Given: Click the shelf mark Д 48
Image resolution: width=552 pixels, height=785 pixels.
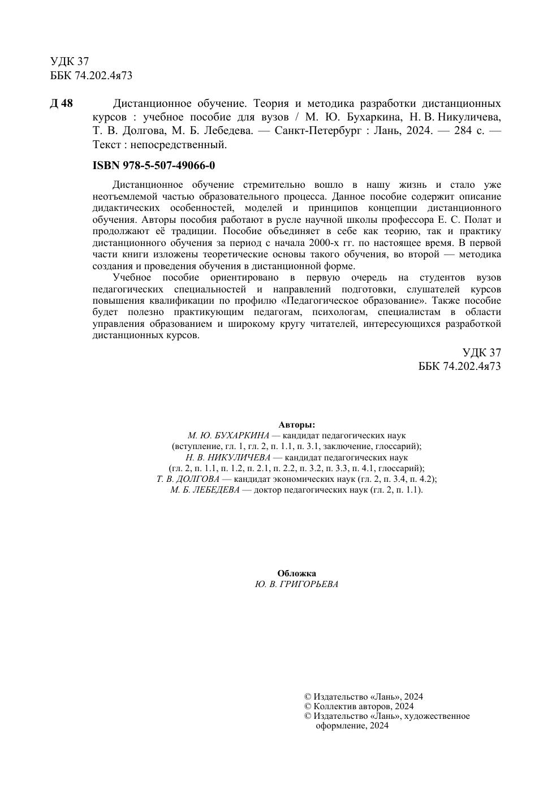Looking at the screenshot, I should point(61,103).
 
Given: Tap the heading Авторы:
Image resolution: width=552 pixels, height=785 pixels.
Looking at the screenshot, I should point(297,424).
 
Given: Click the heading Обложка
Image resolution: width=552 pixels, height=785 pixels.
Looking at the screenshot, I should point(296,573).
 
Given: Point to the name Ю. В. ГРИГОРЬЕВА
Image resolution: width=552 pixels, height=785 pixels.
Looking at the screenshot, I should point(296,584).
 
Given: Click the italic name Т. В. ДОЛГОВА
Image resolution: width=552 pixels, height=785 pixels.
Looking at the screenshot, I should point(188,478).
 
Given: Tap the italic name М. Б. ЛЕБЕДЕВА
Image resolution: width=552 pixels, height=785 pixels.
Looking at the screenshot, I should point(205,489).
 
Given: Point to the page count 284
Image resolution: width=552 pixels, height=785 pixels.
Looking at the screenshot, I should point(463,131).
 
